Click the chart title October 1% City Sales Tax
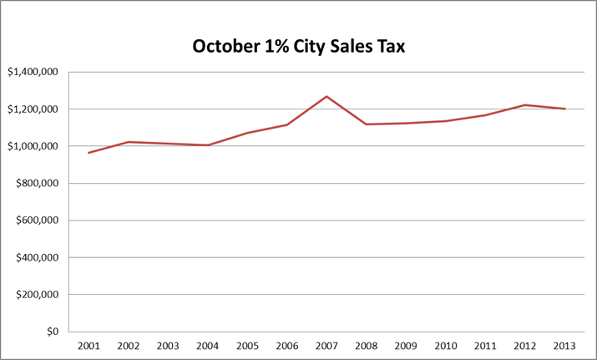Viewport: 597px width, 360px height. pyautogui.click(x=298, y=46)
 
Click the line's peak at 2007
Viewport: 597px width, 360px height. pyautogui.click(x=326, y=96)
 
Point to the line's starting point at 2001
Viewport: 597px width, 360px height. pyautogui.click(x=89, y=153)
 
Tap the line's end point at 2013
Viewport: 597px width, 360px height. pyautogui.click(x=565, y=109)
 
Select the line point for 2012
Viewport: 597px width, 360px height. pyautogui.click(x=525, y=105)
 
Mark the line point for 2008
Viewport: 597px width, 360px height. pyautogui.click(x=367, y=124)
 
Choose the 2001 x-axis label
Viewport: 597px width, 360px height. pyautogui.click(x=89, y=345)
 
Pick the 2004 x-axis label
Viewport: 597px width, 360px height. pyautogui.click(x=208, y=345)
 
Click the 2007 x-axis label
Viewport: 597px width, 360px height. pyautogui.click(x=326, y=345)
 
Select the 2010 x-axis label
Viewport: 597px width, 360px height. pyautogui.click(x=446, y=345)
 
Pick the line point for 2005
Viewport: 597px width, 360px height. pyautogui.click(x=247, y=133)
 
